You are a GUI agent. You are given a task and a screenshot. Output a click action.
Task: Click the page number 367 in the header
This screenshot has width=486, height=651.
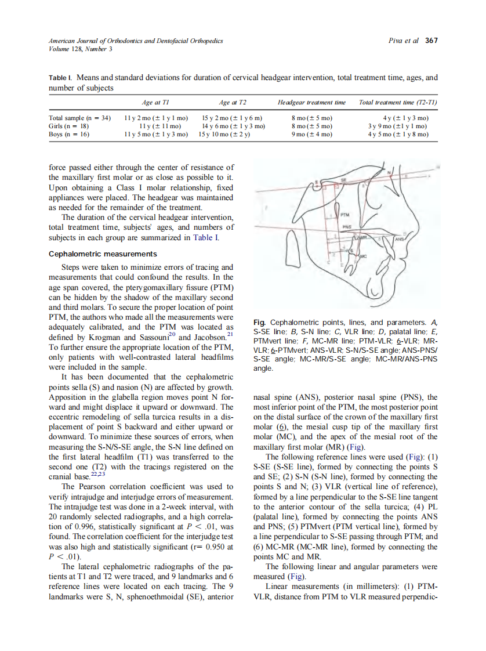coord(431,41)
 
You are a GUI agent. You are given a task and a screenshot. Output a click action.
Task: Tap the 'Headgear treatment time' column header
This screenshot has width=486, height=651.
coord(311,103)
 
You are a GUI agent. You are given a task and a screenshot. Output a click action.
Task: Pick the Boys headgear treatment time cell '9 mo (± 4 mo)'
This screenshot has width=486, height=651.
coord(311,134)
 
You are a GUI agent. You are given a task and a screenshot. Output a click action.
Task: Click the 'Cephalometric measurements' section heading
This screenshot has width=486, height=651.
coord(103,254)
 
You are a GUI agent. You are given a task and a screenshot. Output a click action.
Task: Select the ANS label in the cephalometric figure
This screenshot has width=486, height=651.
coord(400,238)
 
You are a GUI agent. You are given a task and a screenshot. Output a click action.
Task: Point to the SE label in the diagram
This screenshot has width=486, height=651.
coord(343,181)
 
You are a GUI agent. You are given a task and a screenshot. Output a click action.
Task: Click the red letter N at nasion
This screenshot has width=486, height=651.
coord(390,172)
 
